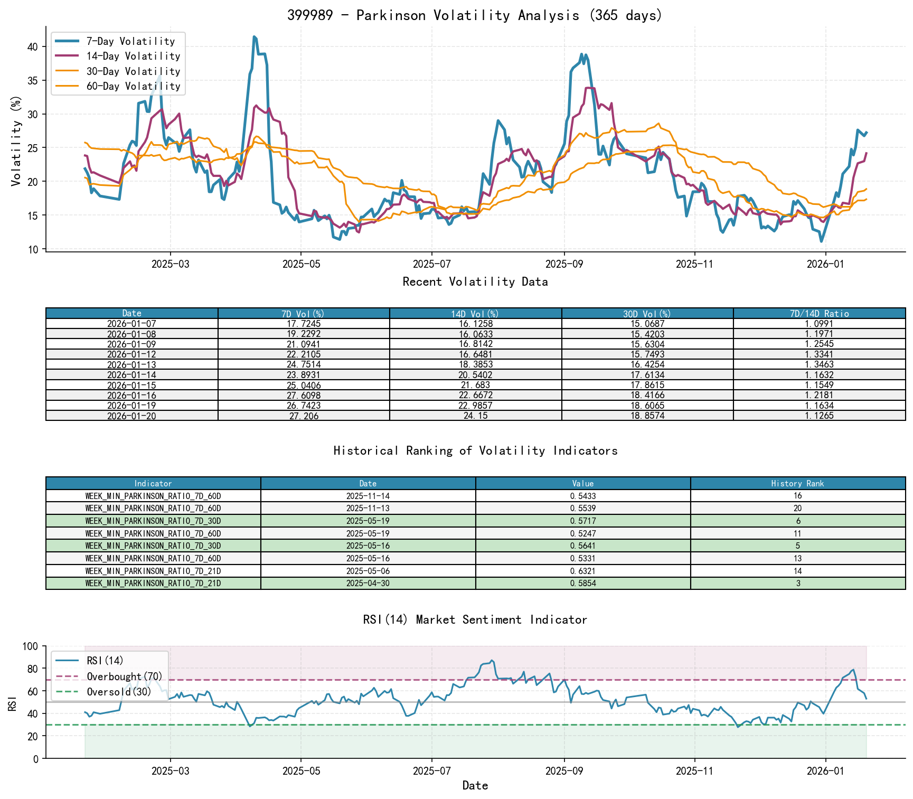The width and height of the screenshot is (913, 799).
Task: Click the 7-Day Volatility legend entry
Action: pos(130,41)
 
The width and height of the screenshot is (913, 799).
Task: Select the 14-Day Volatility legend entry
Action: pos(133,56)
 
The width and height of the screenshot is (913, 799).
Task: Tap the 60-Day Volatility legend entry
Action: pos(133,86)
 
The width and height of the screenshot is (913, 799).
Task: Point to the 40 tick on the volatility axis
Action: pos(33,46)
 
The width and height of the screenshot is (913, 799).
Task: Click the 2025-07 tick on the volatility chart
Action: pos(431,264)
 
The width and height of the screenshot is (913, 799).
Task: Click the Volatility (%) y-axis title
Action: pos(16,141)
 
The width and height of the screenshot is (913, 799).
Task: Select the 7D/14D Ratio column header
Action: pos(819,314)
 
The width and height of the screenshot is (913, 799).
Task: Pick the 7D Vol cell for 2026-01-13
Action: pos(304,365)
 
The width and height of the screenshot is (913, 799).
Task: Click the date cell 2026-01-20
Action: pos(131,416)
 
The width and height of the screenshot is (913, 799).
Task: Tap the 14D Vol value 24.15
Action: pos(475,416)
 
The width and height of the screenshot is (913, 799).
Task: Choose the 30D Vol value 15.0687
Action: pos(647,324)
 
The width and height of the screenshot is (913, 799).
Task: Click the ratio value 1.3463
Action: pos(819,365)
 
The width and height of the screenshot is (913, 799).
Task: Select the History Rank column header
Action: pos(797,484)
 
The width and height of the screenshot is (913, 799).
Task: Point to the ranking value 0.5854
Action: pos(583,584)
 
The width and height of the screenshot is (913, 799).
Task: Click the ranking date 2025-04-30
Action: pos(368,584)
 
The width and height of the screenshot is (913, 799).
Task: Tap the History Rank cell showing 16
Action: pos(797,496)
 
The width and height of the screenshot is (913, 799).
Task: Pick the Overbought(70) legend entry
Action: pos(124,676)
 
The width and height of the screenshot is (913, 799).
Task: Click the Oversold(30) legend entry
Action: pos(119,692)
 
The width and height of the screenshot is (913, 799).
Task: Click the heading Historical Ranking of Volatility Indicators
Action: pos(475,450)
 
